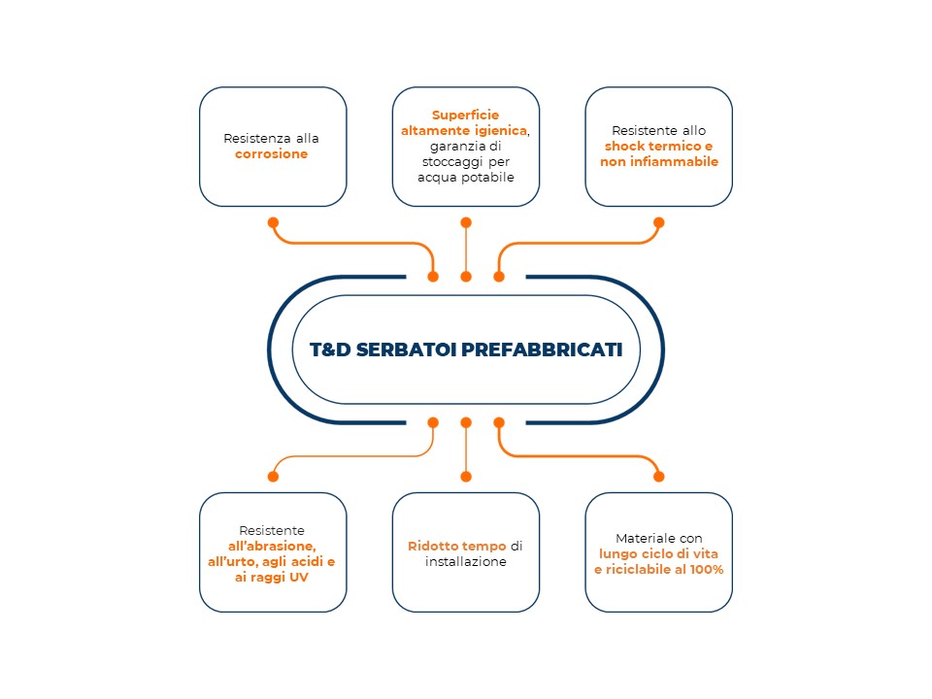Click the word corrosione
pyautogui.click(x=271, y=154)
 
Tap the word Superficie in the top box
pyautogui.click(x=465, y=116)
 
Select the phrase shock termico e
pyautogui.click(x=658, y=147)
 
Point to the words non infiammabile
pyautogui.click(x=659, y=162)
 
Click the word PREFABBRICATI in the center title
pyautogui.click(x=542, y=349)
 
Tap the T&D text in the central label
pyautogui.click(x=330, y=349)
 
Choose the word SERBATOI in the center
pyautogui.click(x=406, y=349)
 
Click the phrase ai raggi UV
pyautogui.click(x=272, y=577)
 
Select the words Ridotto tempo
pyautogui.click(x=457, y=546)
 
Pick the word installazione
pyautogui.click(x=466, y=562)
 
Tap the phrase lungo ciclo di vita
pyautogui.click(x=658, y=554)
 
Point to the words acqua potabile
pyautogui.click(x=466, y=177)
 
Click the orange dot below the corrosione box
pyautogui.click(x=273, y=223)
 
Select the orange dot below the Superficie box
pyautogui.click(x=466, y=223)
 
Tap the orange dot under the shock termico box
pyautogui.click(x=658, y=223)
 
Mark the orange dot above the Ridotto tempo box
pyautogui.click(x=466, y=476)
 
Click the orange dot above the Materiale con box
pyautogui.click(x=658, y=476)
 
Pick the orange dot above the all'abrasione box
pyautogui.click(x=273, y=476)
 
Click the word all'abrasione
pyautogui.click(x=272, y=546)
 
